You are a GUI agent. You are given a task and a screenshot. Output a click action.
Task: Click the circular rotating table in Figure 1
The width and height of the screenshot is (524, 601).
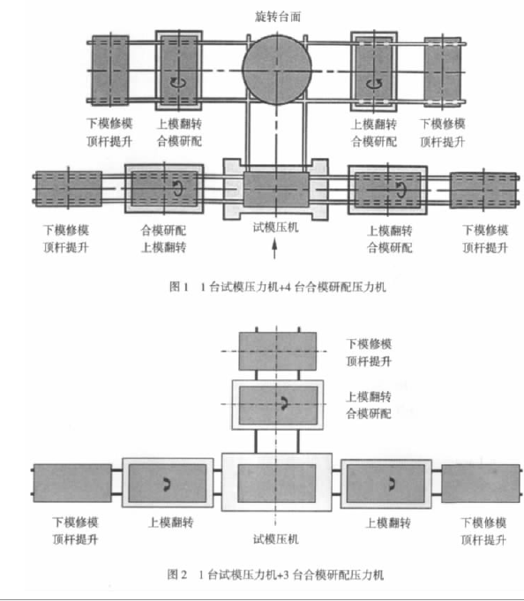(x=277, y=70)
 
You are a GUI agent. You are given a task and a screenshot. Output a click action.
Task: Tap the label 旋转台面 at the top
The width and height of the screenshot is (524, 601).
(x=278, y=17)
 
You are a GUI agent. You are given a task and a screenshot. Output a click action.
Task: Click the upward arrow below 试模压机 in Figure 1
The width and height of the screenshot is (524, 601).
(x=274, y=248)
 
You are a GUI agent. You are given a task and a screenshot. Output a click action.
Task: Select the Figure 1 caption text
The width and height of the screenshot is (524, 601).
(x=278, y=287)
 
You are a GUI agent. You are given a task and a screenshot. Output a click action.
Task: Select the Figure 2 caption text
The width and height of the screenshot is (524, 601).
(x=275, y=575)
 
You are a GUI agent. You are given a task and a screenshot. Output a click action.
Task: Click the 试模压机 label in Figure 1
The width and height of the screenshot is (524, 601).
(x=275, y=228)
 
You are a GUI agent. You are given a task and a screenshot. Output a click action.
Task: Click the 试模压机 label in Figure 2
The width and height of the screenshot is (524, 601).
(x=276, y=539)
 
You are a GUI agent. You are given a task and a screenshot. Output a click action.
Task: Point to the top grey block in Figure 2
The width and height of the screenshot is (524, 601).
(x=278, y=351)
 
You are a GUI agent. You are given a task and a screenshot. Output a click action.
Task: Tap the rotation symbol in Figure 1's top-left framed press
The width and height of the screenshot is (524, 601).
(x=177, y=81)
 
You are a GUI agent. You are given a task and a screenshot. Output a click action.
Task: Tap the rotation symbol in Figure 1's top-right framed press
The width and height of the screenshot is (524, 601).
(x=374, y=82)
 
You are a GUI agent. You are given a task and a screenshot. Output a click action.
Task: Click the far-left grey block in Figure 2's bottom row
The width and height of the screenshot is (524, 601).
(x=72, y=483)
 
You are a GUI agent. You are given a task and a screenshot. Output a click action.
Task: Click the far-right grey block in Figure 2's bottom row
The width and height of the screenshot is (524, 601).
(x=481, y=484)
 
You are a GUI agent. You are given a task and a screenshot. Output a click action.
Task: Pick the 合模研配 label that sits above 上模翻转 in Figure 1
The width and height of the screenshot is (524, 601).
(x=163, y=230)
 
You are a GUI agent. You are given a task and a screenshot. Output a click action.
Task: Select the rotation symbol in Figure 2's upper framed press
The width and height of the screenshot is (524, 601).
(x=284, y=403)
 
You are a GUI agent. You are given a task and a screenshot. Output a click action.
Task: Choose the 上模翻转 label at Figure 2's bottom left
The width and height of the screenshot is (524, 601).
(x=171, y=522)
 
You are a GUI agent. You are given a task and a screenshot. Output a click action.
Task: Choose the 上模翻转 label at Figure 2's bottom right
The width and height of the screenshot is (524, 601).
(x=388, y=522)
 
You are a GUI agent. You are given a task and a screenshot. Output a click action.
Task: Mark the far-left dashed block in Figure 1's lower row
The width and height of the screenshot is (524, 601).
(x=69, y=189)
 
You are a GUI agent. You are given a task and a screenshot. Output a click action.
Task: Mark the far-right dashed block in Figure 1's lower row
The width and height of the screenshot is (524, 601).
(x=484, y=190)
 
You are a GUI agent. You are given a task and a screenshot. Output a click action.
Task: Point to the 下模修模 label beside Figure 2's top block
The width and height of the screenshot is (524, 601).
(x=369, y=344)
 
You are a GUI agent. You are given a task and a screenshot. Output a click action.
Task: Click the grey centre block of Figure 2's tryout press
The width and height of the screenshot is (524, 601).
(x=277, y=483)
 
